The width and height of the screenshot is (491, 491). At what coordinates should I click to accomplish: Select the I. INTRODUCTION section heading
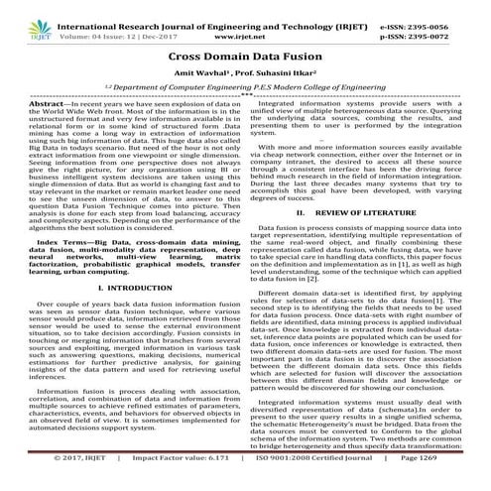(x=125, y=314)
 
